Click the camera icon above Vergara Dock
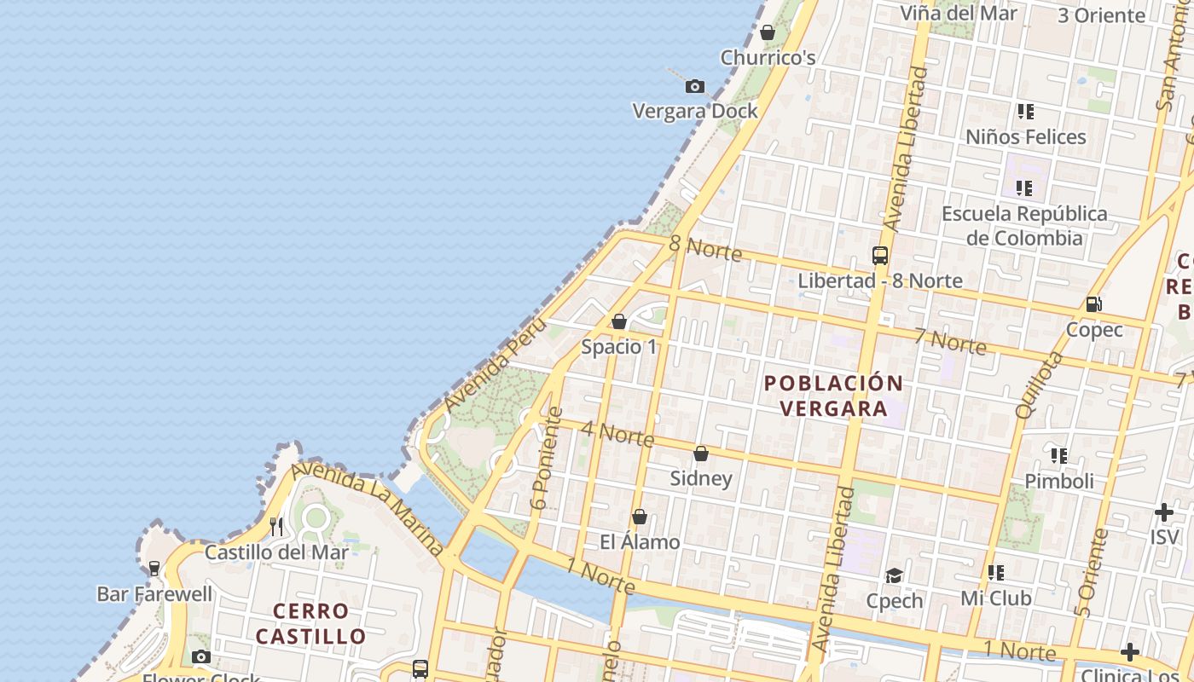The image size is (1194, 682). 695,86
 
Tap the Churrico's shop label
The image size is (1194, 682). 768,58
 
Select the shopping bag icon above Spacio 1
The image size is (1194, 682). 619,321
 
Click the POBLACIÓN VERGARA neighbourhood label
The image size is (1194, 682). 833,396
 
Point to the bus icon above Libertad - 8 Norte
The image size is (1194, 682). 880,255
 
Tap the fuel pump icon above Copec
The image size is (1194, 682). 1093,304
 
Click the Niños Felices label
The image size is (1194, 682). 1025,136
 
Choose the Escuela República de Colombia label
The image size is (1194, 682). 1024,225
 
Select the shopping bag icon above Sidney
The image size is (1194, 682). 701,454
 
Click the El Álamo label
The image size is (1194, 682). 640,542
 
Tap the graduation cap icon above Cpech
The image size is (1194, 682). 894,575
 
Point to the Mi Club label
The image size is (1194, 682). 995,598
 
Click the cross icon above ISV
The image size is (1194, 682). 1163,512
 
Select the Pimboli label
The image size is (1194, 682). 1058,481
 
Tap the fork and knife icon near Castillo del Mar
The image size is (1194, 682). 275,526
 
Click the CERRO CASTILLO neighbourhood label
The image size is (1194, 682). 311,623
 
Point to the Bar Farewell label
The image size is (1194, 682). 154,594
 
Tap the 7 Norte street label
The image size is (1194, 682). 949,340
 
